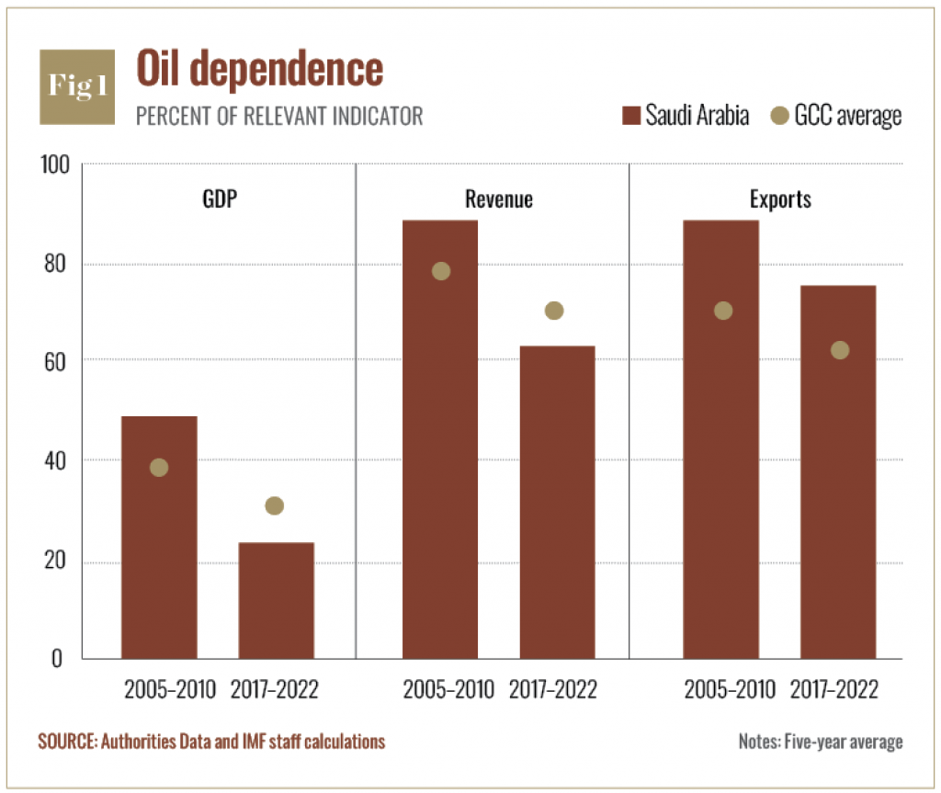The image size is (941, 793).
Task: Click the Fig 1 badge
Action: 77,87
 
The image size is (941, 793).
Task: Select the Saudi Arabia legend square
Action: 630,116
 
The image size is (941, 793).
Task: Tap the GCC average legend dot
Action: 779,116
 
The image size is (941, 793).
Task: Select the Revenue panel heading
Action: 498,199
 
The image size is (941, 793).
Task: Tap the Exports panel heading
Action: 779,199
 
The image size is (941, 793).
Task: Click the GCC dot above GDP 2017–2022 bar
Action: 274,505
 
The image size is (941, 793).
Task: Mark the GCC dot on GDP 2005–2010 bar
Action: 159,467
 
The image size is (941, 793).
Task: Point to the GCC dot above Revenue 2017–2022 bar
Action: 553,311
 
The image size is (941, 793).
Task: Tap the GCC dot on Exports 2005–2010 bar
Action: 723,311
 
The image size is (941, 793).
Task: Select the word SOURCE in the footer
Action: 65,742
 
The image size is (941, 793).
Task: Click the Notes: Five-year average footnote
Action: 820,742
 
